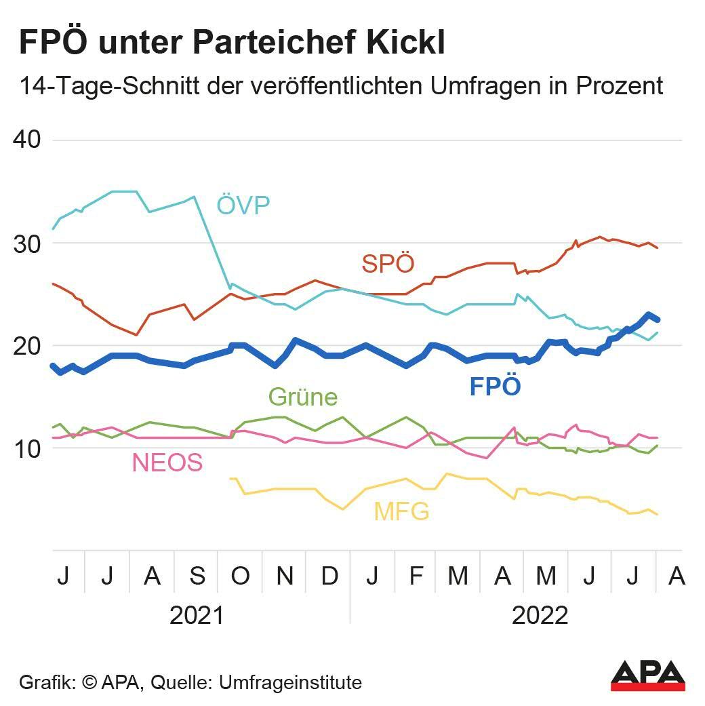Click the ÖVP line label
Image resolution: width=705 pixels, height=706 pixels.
(243, 205)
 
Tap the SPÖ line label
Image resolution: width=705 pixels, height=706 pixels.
(388, 263)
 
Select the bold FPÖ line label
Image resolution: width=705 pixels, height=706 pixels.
(496, 387)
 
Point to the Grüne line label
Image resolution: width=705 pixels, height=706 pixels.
(303, 397)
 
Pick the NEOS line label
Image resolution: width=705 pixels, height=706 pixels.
(167, 463)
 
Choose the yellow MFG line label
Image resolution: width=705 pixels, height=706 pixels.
(401, 511)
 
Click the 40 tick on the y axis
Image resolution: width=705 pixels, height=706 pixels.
(27, 140)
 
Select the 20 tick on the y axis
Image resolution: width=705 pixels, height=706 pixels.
(27, 345)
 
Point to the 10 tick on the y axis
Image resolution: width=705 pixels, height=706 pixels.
(27, 448)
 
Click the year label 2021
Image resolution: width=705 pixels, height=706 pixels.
(197, 616)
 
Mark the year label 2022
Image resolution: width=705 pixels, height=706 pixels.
(540, 616)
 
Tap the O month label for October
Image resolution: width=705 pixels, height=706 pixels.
(241, 576)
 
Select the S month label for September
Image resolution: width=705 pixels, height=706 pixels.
(197, 576)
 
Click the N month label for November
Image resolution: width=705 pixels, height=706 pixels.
(285, 576)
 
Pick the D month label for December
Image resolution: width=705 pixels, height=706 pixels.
(329, 576)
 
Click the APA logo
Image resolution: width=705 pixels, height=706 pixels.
(647, 675)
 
